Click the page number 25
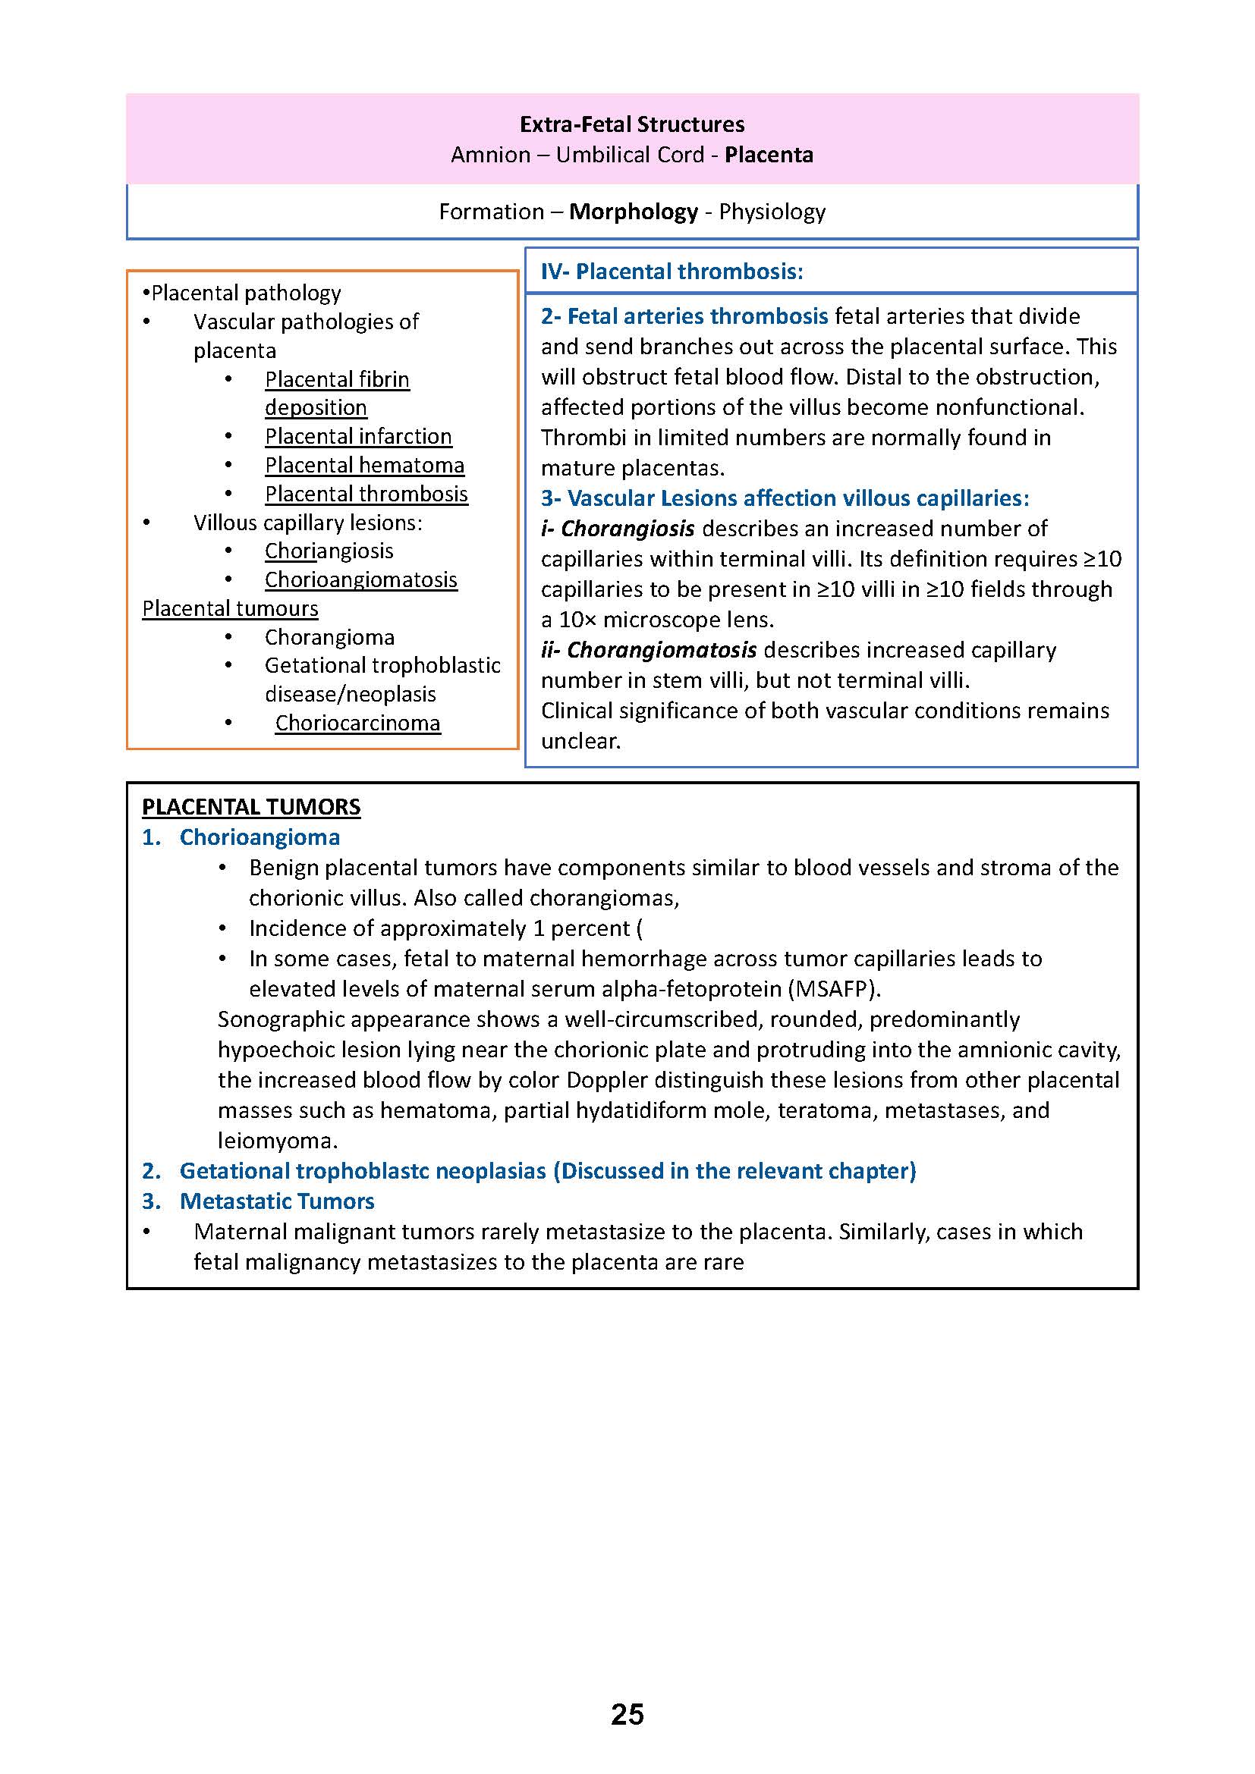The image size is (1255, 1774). [627, 1714]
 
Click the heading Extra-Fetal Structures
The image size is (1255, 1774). [631, 124]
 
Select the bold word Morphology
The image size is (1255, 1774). [633, 212]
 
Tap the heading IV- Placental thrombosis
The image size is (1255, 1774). [672, 272]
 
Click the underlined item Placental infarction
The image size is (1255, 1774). [358, 437]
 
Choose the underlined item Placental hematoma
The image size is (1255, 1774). [364, 465]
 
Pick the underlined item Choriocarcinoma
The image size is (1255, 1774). [357, 724]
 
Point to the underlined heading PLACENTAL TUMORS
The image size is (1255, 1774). [251, 807]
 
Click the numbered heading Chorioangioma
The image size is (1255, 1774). [259, 837]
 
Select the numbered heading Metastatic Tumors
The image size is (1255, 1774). [277, 1201]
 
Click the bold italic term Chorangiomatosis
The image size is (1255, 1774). [662, 650]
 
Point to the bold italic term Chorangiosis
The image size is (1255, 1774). [627, 529]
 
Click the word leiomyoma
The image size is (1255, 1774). [278, 1141]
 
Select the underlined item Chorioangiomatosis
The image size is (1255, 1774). [361, 580]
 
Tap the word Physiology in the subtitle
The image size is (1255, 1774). [772, 212]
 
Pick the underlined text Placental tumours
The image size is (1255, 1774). [231, 609]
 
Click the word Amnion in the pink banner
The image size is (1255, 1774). [491, 155]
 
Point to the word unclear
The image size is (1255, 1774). [580, 741]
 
